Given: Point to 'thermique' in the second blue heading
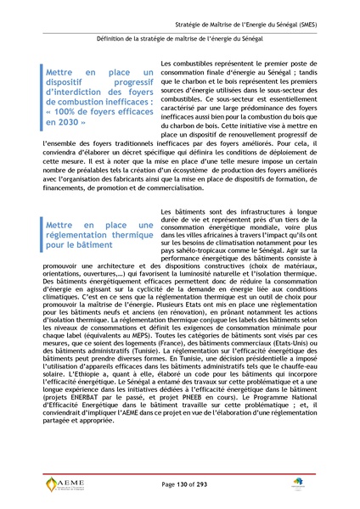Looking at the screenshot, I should [x=121, y=233].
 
